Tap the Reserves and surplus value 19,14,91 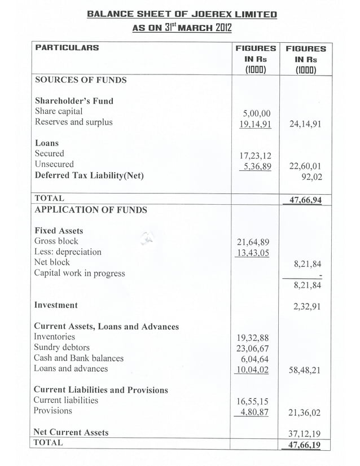(x=256, y=124)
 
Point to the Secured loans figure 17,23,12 (x=256, y=155)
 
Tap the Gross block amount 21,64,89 (x=256, y=243)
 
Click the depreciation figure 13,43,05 (x=256, y=253)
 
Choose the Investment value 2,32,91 (x=307, y=306)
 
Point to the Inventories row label (x=54, y=337)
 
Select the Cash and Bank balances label (x=78, y=358)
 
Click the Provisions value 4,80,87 (x=256, y=412)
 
